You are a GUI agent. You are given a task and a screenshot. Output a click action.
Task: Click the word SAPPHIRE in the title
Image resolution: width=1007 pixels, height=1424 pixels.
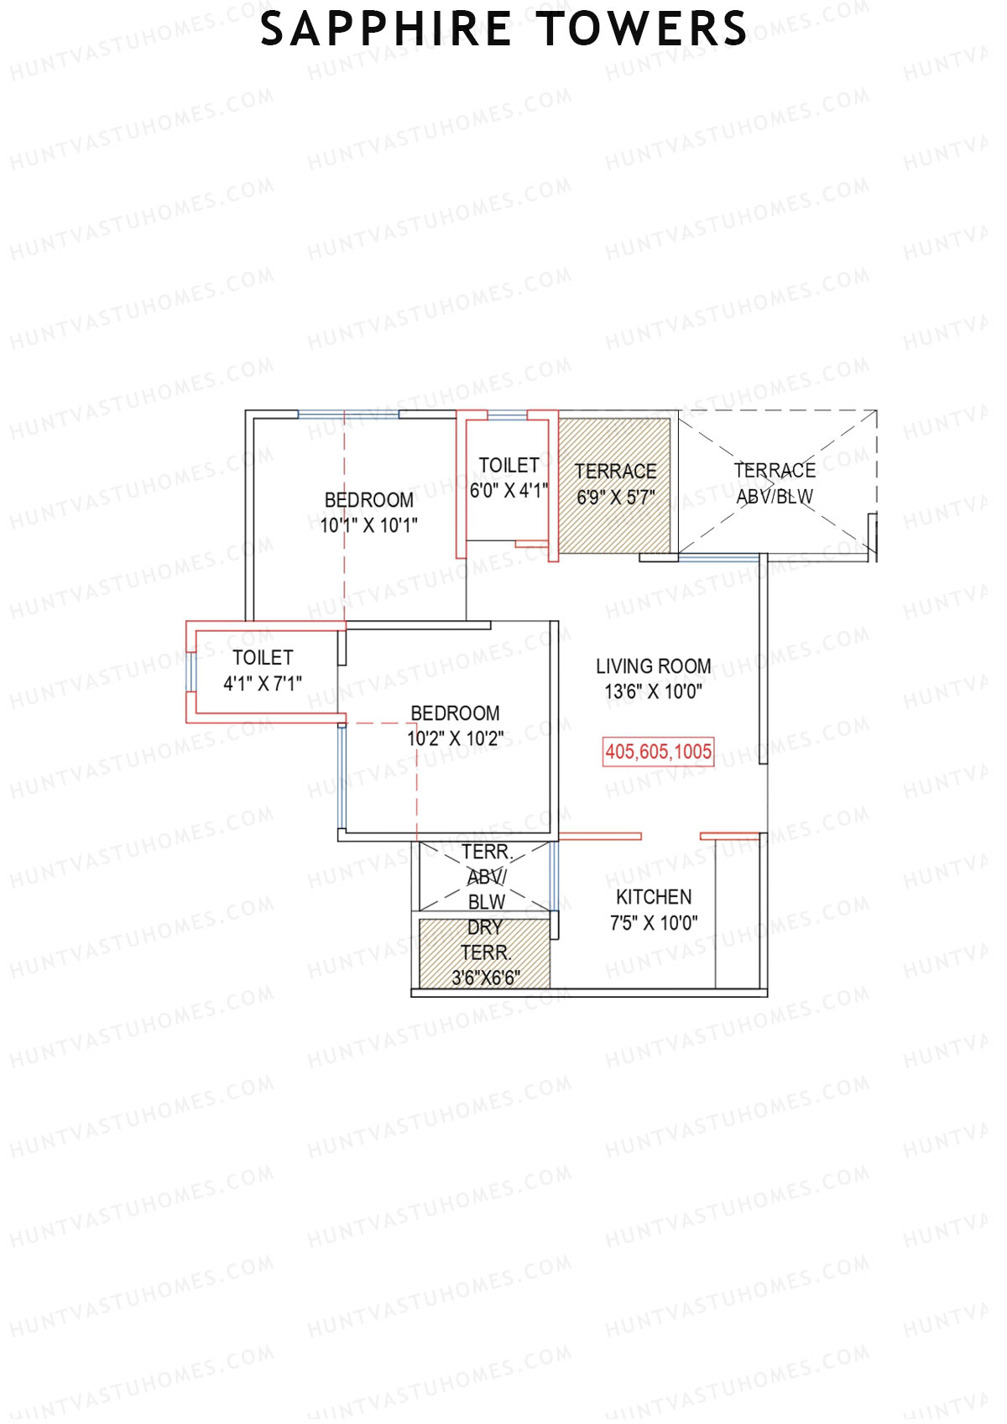pos(385,29)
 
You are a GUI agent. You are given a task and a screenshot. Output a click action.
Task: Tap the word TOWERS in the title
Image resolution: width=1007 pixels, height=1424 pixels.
pos(642,29)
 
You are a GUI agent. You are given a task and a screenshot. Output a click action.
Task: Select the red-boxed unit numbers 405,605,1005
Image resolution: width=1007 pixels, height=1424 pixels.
pos(659,752)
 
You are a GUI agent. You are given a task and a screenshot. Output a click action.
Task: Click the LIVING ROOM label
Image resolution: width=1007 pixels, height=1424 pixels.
pos(654,666)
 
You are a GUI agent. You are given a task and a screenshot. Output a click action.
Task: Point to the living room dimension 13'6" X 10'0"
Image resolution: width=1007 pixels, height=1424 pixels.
pos(654,692)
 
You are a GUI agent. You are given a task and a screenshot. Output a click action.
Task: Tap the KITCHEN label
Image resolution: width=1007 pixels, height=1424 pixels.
pos(654,897)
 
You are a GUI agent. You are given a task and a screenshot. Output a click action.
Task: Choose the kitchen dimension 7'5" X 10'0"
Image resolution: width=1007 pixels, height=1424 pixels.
pos(654,924)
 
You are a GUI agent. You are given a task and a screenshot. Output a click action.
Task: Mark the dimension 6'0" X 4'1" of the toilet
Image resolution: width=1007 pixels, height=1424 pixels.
pos(509,491)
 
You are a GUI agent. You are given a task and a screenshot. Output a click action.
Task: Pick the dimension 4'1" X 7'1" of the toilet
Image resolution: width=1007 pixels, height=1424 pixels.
pos(263,684)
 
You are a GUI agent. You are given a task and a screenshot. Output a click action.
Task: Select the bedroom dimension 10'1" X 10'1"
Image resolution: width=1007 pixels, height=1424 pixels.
pos(369,526)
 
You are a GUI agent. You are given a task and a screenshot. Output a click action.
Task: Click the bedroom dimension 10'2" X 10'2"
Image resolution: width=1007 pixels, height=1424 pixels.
pos(456,739)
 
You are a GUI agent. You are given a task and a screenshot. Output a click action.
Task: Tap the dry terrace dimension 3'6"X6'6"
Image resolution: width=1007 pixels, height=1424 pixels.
pos(486,978)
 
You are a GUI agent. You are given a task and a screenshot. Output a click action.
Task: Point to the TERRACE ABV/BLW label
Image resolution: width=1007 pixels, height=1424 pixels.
pos(775,483)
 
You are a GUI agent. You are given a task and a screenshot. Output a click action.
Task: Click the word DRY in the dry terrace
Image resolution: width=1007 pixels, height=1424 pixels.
pos(485,927)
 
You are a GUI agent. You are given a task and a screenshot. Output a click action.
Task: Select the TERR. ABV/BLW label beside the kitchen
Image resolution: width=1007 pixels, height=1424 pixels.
pos(487,877)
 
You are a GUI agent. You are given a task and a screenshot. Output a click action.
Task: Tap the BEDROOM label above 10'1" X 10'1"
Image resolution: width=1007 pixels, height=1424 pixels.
pos(369,500)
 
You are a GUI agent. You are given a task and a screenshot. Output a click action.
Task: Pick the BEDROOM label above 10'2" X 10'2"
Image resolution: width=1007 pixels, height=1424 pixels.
pos(456,713)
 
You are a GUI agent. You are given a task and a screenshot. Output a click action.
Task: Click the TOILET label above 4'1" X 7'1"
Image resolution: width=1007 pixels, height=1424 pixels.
pos(263,658)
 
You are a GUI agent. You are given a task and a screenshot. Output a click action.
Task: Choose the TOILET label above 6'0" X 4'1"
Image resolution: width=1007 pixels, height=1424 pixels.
pos(509,465)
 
